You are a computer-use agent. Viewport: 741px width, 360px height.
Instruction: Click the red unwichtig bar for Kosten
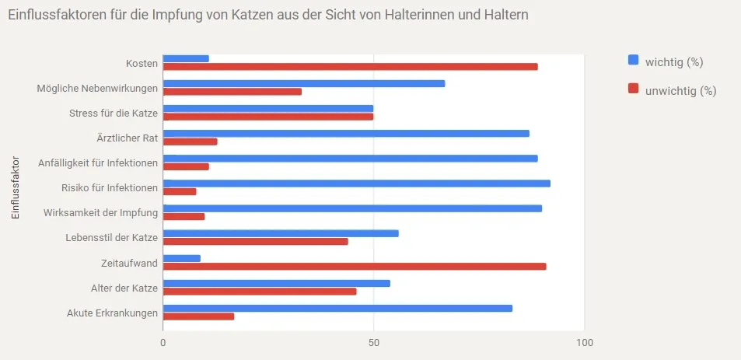tap(350, 67)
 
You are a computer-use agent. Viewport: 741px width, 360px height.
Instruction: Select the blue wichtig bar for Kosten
tap(186, 58)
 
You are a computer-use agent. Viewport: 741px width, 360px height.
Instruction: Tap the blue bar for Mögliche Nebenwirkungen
tap(304, 83)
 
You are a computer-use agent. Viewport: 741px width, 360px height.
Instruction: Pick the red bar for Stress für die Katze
tap(268, 117)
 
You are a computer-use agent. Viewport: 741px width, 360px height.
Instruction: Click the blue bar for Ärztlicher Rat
tap(346, 133)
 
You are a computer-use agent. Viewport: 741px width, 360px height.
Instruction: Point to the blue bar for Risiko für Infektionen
tap(357, 183)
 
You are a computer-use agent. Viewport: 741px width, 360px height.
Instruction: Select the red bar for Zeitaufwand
tap(355, 267)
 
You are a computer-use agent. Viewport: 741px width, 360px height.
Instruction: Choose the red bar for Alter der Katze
tap(260, 292)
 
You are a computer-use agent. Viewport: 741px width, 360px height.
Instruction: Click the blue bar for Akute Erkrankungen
tap(337, 308)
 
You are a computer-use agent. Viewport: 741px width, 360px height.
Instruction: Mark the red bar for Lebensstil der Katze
tap(256, 242)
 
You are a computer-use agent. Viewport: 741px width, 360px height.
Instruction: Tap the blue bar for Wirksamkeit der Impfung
tap(352, 208)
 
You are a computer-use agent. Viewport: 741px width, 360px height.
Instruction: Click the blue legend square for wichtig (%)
tap(633, 61)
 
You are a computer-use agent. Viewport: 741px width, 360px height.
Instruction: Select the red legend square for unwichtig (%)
tap(633, 88)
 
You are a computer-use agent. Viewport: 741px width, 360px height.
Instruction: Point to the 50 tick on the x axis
tap(374, 343)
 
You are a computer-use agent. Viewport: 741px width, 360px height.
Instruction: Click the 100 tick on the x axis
tap(584, 343)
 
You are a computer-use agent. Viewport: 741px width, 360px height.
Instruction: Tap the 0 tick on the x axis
tap(163, 343)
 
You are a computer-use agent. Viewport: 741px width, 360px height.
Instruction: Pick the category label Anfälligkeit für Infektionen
tap(98, 163)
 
